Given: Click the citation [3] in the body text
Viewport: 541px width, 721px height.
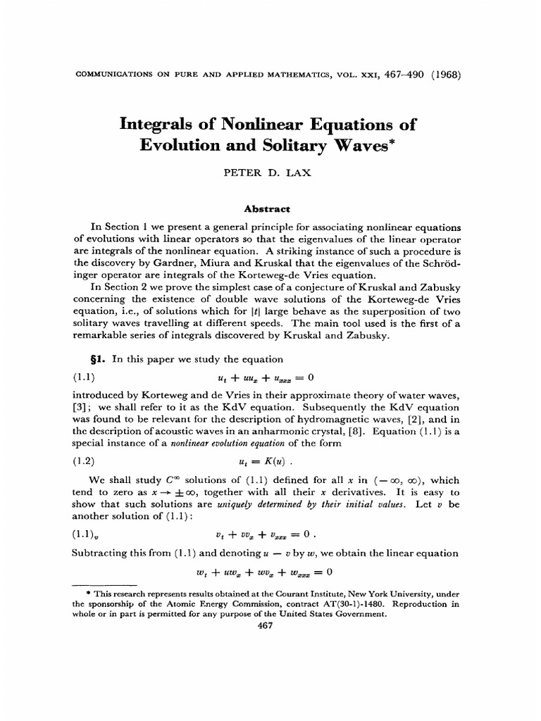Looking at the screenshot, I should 80,407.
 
